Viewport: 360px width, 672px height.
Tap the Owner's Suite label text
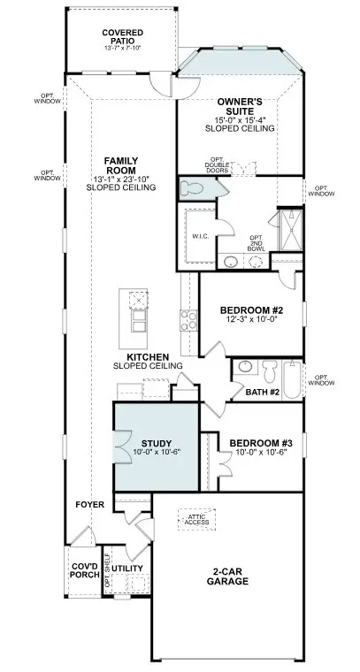[240, 107]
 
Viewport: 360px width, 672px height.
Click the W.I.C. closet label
[198, 236]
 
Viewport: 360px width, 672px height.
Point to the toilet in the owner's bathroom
[191, 188]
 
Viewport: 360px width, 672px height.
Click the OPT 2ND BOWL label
[257, 244]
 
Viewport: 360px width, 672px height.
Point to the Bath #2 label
[263, 392]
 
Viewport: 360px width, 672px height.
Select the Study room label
[156, 443]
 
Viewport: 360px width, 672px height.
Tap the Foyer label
[90, 505]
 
